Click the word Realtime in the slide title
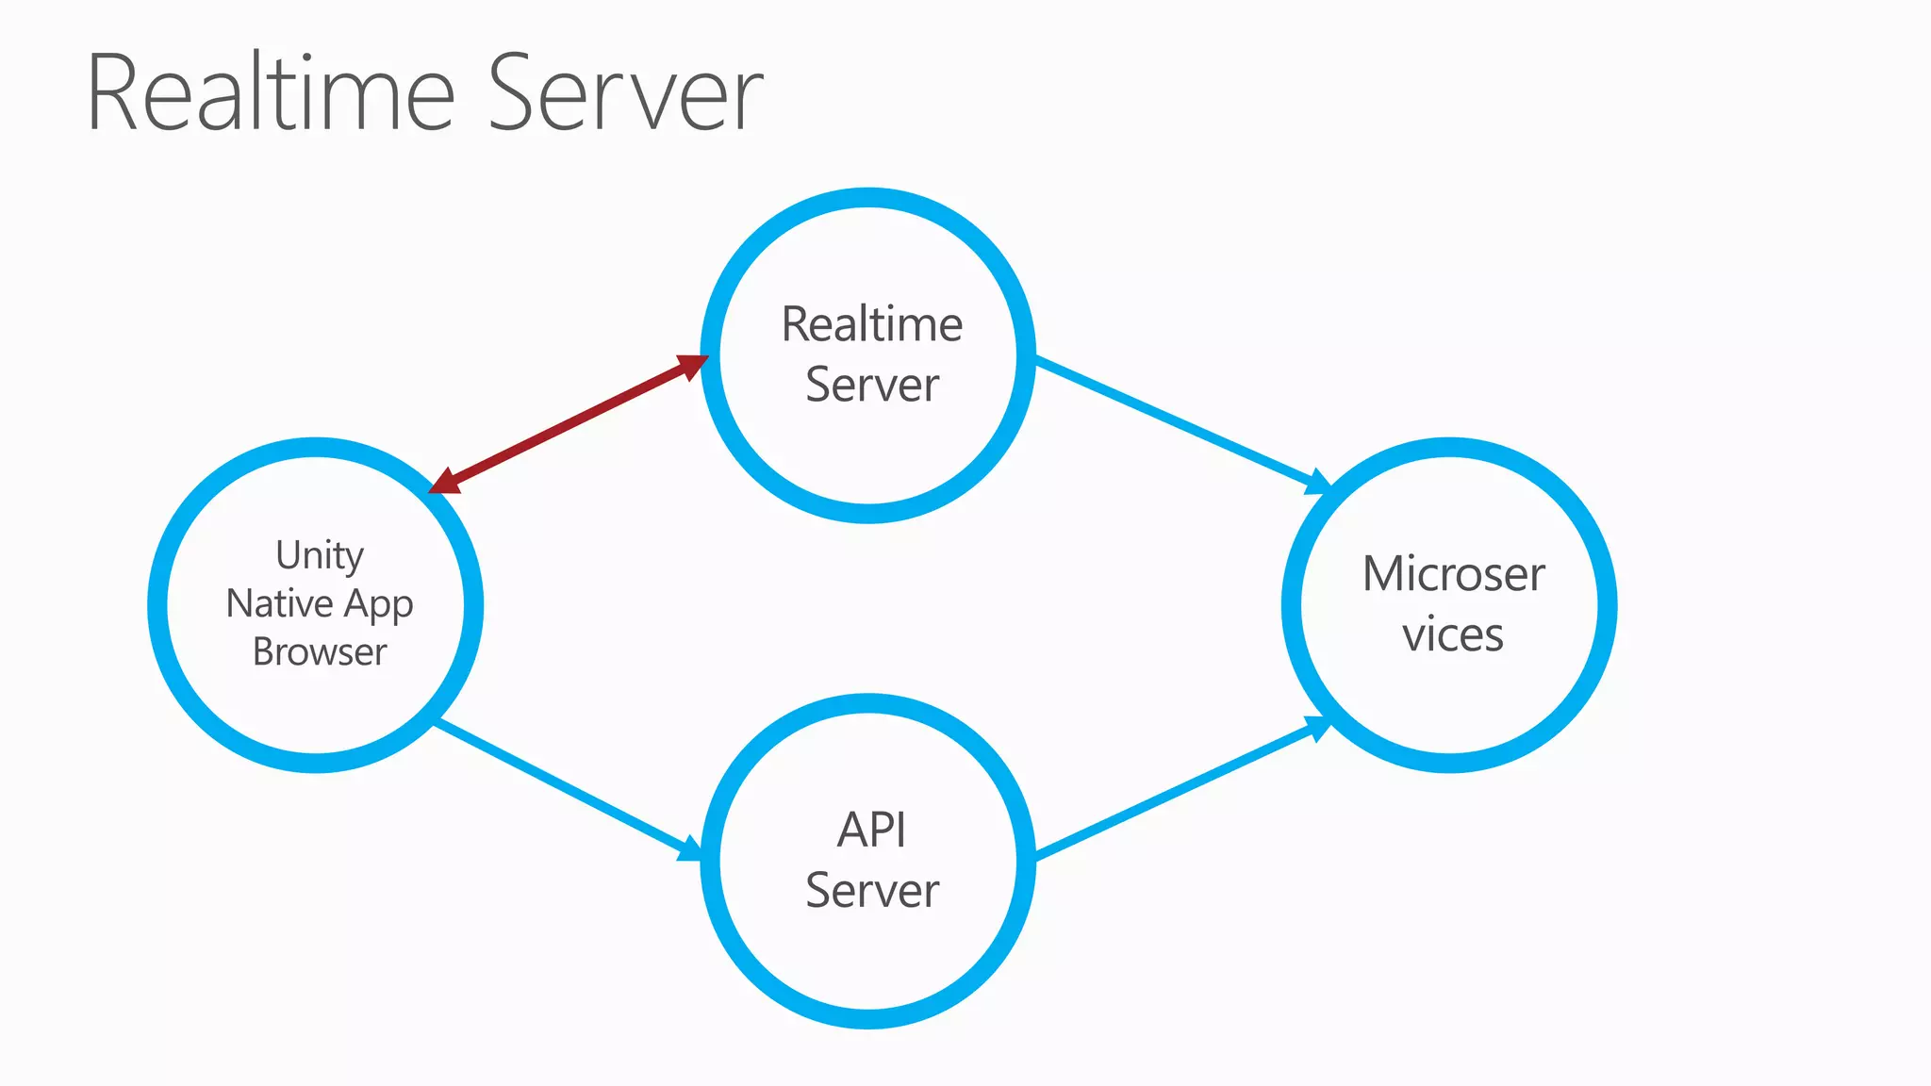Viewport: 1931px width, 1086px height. [x=272, y=94]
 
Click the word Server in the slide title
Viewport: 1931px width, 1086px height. [x=625, y=94]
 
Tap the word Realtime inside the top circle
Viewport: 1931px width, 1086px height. [x=872, y=325]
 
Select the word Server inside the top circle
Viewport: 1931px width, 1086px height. [x=872, y=386]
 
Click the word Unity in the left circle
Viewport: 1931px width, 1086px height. [x=320, y=555]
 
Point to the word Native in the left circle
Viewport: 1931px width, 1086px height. [x=280, y=603]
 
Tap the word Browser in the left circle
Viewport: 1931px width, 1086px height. [x=320, y=652]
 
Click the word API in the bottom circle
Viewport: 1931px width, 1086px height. [x=871, y=831]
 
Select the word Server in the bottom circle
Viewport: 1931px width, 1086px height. [x=872, y=891]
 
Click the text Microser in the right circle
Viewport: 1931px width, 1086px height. [x=1453, y=574]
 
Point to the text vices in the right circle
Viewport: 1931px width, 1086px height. [x=1452, y=634]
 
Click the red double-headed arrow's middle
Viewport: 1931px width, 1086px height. [x=569, y=424]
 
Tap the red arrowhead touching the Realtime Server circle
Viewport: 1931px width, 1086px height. [x=691, y=365]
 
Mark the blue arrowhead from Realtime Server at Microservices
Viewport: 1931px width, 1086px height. [x=1316, y=482]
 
